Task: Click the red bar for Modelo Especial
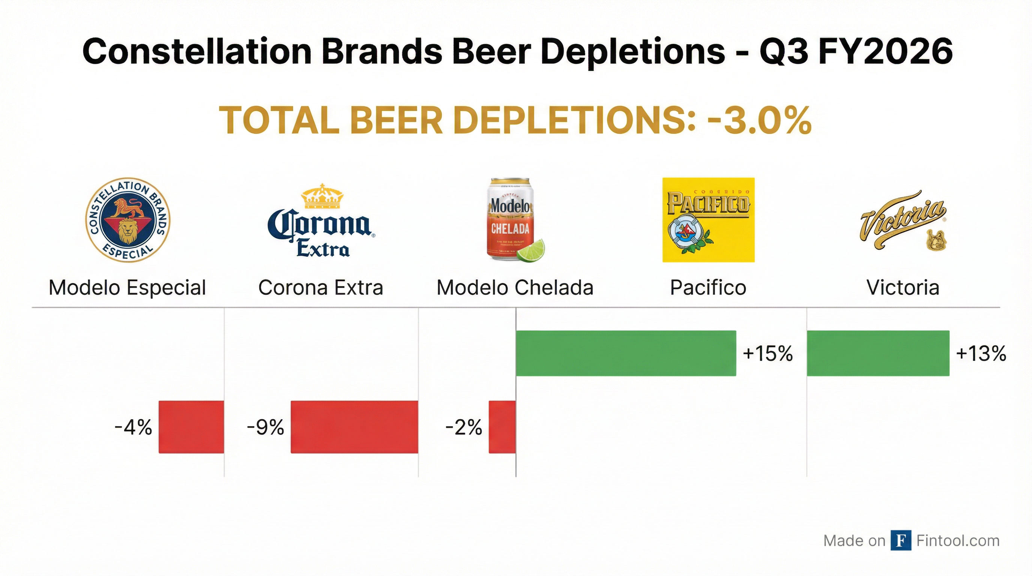(192, 427)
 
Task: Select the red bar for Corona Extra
(354, 427)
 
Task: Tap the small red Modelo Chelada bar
(502, 427)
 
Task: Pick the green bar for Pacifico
(626, 353)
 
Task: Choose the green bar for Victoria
(878, 353)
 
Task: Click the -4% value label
(133, 427)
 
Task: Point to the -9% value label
(265, 427)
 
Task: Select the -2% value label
(464, 427)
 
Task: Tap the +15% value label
(768, 354)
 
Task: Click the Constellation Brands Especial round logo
(128, 220)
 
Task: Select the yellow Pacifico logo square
(708, 220)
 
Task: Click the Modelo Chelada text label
(515, 288)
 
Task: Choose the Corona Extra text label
(321, 288)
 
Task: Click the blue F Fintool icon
(901, 540)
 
